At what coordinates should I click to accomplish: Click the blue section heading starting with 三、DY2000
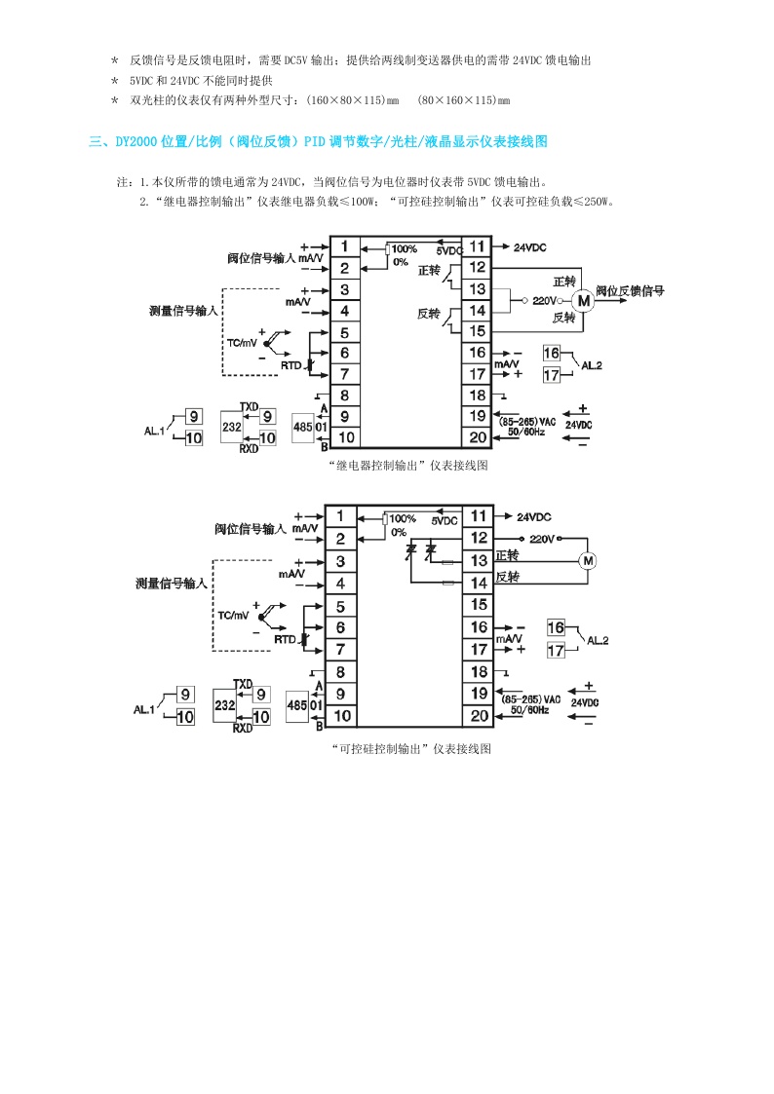(x=318, y=142)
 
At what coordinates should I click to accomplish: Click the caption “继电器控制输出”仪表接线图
(x=408, y=466)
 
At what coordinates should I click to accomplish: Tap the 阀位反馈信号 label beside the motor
(x=630, y=290)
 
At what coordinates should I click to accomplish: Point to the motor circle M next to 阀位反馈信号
(x=584, y=301)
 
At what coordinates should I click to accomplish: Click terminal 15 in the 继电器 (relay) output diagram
(x=477, y=331)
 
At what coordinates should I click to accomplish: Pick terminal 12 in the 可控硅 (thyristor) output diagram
(x=478, y=538)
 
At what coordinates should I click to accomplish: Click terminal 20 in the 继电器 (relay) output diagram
(x=477, y=438)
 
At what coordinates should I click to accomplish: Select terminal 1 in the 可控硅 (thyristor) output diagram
(x=340, y=516)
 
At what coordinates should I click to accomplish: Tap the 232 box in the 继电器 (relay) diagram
(x=232, y=428)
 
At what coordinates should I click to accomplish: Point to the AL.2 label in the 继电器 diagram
(x=592, y=364)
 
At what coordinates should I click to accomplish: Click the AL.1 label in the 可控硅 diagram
(x=144, y=710)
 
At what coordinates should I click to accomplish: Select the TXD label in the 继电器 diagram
(x=250, y=405)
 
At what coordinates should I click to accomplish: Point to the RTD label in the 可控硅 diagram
(x=284, y=639)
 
